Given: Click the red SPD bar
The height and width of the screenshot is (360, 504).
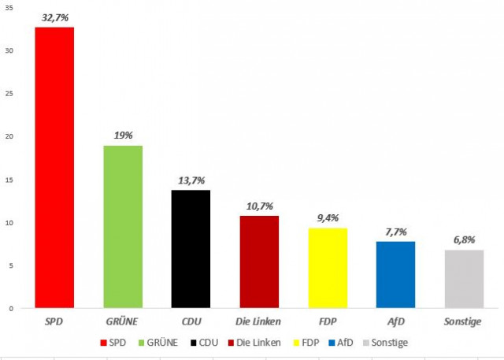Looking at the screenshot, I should pyautogui.click(x=54, y=167).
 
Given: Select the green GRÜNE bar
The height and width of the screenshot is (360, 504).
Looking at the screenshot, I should pyautogui.click(x=123, y=226).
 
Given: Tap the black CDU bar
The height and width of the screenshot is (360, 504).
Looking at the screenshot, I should pyautogui.click(x=191, y=249).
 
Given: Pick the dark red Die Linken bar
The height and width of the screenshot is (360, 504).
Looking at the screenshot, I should pyautogui.click(x=259, y=262).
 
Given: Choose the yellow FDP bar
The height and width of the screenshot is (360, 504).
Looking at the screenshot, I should pyautogui.click(x=327, y=267).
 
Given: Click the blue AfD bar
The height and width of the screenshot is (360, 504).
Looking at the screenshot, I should pyautogui.click(x=395, y=274).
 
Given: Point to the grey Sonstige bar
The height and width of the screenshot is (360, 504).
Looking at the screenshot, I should pyautogui.click(x=464, y=278).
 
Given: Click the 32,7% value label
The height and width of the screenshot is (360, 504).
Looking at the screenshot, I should pyautogui.click(x=55, y=17).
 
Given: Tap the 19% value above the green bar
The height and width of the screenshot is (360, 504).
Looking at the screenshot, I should pyautogui.click(x=123, y=135).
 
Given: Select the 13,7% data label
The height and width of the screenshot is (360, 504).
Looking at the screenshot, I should pyautogui.click(x=191, y=180).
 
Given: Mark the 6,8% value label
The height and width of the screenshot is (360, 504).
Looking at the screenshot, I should pyautogui.click(x=464, y=239).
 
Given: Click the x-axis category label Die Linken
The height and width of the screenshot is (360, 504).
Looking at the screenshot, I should pyautogui.click(x=259, y=322).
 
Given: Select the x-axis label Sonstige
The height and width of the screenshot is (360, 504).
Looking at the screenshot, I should pyautogui.click(x=464, y=322).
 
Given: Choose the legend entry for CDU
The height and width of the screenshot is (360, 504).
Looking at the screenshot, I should pyautogui.click(x=202, y=343).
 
